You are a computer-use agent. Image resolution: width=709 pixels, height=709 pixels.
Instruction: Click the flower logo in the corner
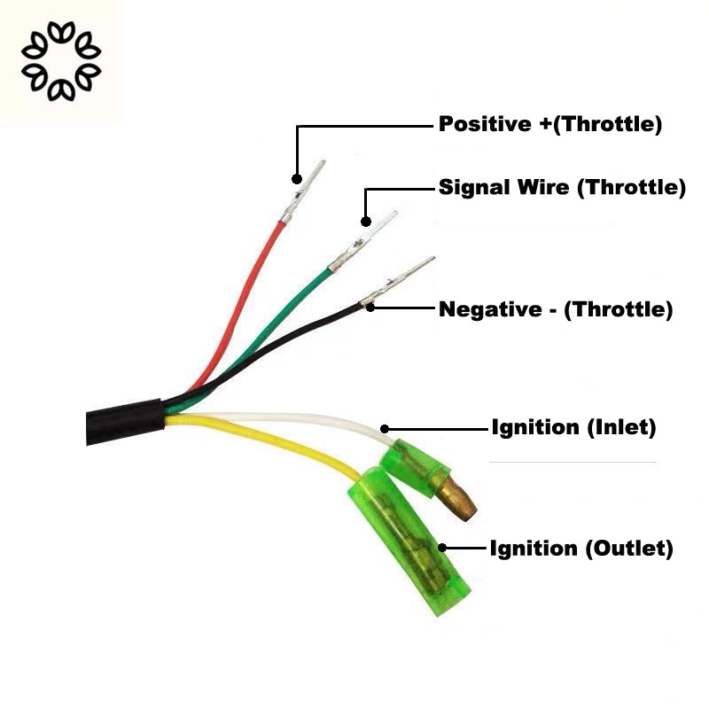61,61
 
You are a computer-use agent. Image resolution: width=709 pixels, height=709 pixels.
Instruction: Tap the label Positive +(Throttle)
550,124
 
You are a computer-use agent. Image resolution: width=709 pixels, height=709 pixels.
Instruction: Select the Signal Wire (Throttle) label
563,188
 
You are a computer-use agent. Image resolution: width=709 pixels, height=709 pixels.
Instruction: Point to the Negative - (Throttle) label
556,309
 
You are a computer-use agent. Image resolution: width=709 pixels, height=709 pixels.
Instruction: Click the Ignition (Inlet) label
573,428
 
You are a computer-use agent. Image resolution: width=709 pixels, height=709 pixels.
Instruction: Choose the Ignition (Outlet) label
581,549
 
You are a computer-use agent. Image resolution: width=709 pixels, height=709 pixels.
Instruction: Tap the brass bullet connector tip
460,499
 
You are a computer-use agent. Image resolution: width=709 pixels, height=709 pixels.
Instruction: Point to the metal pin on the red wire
301,191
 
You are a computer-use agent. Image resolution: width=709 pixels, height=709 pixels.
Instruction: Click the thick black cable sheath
124,423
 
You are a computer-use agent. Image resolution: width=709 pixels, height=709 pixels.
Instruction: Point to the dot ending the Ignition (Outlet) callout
444,549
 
